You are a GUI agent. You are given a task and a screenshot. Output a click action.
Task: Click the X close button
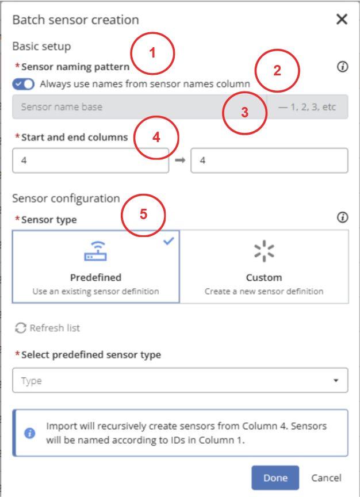342,20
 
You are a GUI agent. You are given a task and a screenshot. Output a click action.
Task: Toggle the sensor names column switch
24,84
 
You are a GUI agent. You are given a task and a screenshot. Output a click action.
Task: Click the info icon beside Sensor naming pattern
342,67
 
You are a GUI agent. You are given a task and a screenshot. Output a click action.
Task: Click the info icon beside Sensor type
342,217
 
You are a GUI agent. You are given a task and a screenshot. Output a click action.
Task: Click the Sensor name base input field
139,107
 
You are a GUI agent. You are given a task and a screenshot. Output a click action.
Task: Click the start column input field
91,160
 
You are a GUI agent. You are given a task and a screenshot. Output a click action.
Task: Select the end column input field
269,160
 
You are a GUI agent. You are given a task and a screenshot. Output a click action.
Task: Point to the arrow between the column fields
180,160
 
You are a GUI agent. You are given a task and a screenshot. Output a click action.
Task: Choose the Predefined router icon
95,251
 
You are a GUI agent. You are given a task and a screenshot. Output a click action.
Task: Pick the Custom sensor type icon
264,251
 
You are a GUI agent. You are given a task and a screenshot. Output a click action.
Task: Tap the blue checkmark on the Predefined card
168,241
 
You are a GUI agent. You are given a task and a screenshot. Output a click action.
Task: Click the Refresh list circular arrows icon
21,328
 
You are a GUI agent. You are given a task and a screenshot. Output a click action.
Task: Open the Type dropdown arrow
336,380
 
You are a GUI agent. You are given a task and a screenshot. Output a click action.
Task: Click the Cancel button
326,477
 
